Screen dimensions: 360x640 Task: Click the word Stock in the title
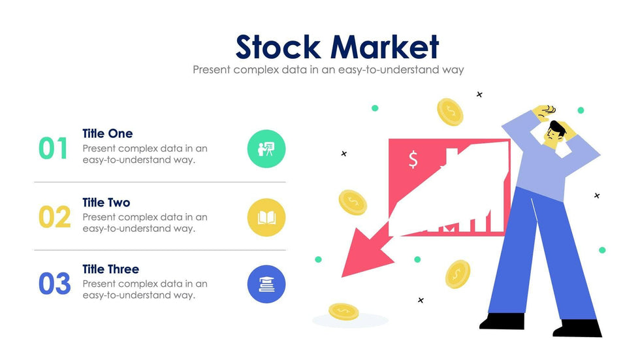click(279, 47)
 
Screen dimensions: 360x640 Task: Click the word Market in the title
click(385, 47)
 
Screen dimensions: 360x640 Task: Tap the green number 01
click(53, 149)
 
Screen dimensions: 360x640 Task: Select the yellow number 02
click(54, 217)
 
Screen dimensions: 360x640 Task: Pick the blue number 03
click(54, 284)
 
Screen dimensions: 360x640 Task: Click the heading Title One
click(107, 133)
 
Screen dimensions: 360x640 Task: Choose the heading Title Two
click(106, 203)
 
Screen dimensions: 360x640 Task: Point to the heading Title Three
click(110, 269)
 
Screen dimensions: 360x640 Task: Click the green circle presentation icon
click(266, 149)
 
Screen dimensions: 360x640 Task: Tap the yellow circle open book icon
click(266, 218)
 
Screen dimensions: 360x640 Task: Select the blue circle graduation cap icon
click(266, 284)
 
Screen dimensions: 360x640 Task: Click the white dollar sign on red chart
click(413, 159)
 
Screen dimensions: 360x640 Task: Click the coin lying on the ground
click(343, 311)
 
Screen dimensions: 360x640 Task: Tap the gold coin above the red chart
click(450, 112)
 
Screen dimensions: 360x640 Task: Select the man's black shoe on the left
click(502, 321)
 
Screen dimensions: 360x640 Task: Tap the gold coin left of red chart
click(353, 203)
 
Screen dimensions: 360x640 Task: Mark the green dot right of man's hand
click(581, 110)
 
